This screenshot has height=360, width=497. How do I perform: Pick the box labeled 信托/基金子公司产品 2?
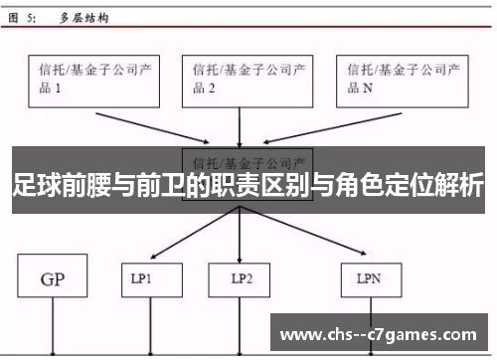pos(240,79)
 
